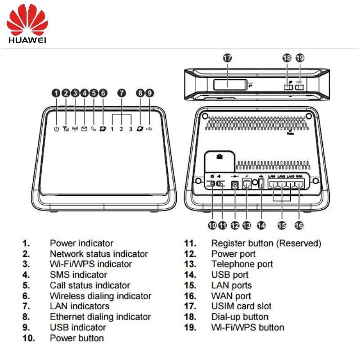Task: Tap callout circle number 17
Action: tap(227, 58)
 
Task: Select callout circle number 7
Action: tap(121, 93)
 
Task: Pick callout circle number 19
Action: tap(300, 58)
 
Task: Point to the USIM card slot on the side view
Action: tap(229, 84)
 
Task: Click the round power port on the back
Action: tap(234, 184)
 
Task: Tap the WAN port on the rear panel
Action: tap(299, 183)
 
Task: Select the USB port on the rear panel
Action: tap(261, 184)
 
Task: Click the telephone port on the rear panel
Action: tap(247, 184)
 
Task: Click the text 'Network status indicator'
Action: tap(99, 254)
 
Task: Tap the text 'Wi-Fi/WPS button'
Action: tap(247, 327)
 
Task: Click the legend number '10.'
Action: tap(29, 338)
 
